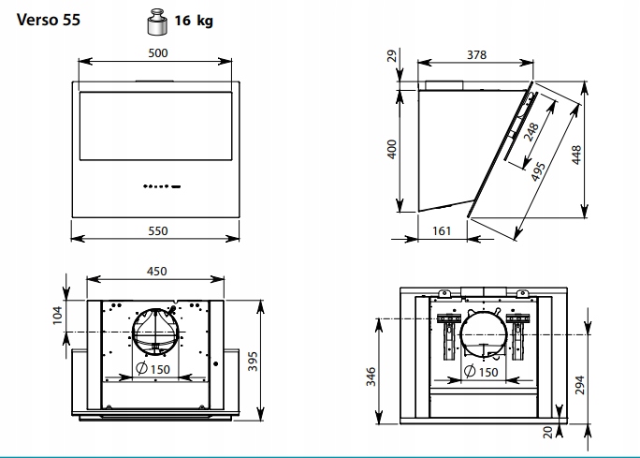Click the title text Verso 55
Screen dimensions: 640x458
tap(49, 20)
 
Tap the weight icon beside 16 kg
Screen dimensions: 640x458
tap(157, 22)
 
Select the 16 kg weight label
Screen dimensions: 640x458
tap(194, 21)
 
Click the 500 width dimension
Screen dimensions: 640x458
tap(158, 53)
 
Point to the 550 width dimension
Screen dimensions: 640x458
tap(158, 230)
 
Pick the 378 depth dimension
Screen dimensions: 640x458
tap(477, 54)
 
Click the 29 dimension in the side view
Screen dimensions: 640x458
tap(391, 55)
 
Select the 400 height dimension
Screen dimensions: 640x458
tap(392, 149)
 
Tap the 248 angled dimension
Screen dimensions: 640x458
tap(531, 132)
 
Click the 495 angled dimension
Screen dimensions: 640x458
tap(538, 171)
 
